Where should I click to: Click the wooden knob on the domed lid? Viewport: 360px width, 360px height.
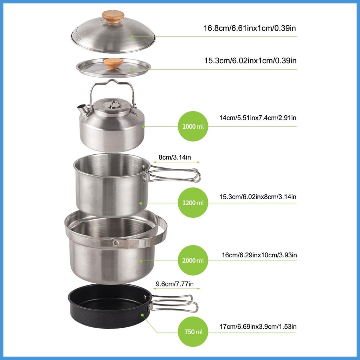[113, 16]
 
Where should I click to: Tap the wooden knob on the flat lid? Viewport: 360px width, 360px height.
[113, 63]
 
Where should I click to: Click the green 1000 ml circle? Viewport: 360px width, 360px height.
[193, 126]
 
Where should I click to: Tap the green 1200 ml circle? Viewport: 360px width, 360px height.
[193, 203]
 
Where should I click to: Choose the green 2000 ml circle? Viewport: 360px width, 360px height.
[193, 261]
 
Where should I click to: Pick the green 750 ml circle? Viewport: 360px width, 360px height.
[193, 332]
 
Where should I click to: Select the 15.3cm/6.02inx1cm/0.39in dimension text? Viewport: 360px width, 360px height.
[250, 60]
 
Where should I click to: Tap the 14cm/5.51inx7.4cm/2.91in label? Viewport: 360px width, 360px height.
[258, 118]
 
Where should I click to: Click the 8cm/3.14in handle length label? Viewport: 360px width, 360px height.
[174, 158]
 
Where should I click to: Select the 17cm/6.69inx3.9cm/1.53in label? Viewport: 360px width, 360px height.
[258, 327]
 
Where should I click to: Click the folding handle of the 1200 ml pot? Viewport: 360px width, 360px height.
[176, 174]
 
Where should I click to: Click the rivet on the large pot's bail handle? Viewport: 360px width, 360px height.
[115, 242]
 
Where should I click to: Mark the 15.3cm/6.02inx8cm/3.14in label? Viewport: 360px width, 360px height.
[258, 197]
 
